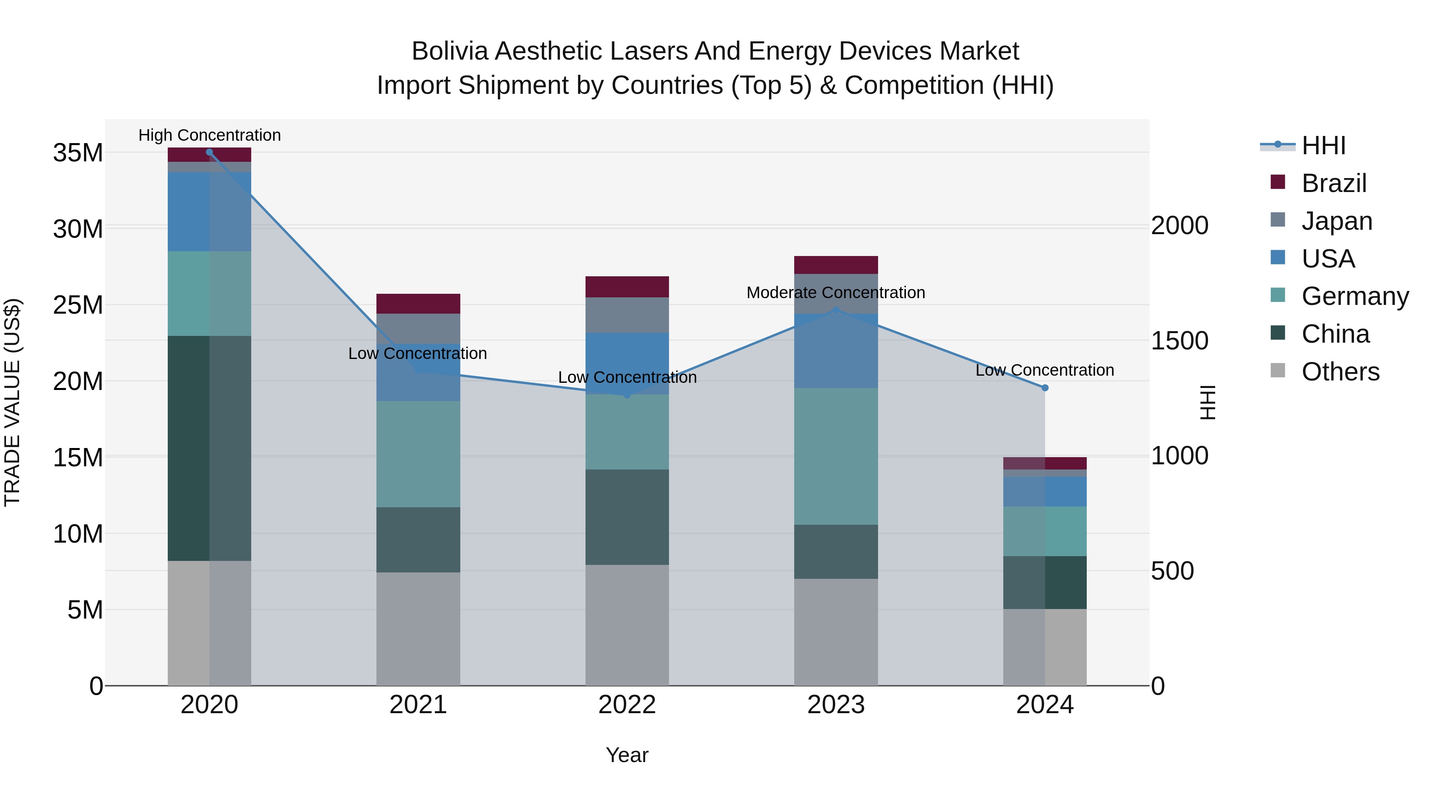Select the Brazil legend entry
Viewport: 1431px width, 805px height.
tap(1333, 183)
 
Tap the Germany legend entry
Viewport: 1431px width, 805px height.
tap(1354, 296)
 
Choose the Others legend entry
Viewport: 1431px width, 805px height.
tap(1340, 372)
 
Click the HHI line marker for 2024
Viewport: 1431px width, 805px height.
tap(1045, 388)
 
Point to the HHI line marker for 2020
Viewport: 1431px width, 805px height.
tap(209, 152)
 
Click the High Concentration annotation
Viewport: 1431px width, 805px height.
tap(209, 135)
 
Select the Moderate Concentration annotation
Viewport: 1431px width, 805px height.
tap(836, 292)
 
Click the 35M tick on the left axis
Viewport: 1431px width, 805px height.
tap(78, 153)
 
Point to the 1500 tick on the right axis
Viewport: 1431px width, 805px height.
tap(1179, 341)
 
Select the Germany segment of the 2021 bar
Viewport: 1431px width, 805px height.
tap(418, 454)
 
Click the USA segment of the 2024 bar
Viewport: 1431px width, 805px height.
tap(1045, 491)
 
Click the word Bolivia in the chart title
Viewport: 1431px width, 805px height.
tap(450, 51)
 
